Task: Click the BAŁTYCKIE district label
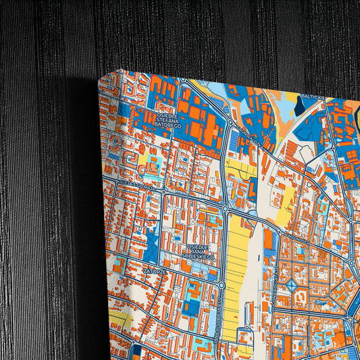click(313, 99)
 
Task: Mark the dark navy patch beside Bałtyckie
click(310, 124)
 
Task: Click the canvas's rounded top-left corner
click(102, 79)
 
